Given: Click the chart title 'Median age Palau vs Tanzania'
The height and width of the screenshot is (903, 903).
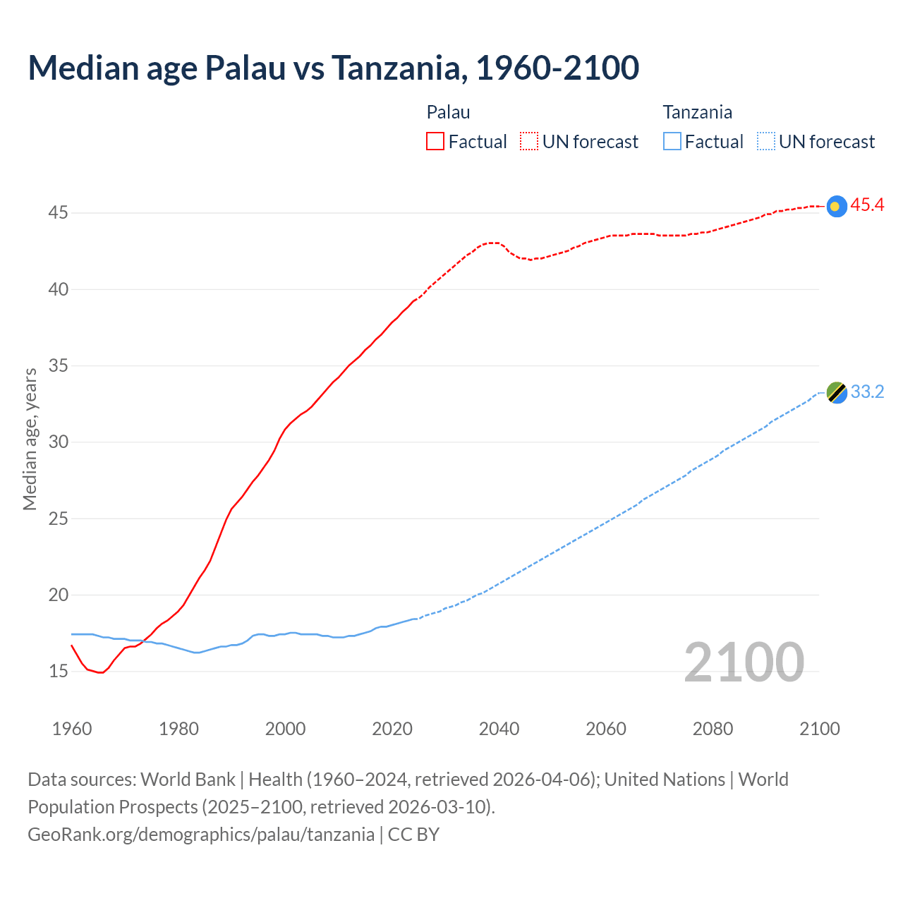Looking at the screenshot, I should coord(333,68).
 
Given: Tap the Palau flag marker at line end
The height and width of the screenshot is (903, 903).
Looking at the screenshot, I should coord(836,206).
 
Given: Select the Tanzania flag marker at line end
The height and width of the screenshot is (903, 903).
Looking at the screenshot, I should coord(837,392).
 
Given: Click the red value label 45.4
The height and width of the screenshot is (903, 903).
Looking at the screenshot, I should coord(867,205).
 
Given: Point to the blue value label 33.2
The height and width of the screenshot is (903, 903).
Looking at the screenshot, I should coord(867,392).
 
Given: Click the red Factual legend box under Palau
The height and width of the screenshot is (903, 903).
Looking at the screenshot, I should coord(435,142).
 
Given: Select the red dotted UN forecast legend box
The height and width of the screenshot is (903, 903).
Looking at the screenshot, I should coord(529,142).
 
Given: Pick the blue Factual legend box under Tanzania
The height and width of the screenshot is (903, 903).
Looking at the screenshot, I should coord(672,142).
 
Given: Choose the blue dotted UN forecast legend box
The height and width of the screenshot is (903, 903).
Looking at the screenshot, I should coord(765,142).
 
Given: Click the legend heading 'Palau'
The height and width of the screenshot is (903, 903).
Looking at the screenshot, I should coord(448,112).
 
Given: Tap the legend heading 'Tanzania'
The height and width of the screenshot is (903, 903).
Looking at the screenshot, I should coord(697,112).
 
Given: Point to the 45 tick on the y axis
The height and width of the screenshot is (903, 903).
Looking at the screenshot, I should coord(58,212).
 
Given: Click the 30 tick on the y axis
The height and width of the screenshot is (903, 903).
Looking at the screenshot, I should coord(58,442).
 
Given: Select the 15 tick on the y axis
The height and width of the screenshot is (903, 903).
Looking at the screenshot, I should coord(58,671).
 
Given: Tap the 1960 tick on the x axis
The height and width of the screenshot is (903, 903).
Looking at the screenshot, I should coord(72,729).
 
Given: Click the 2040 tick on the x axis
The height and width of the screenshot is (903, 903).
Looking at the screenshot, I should coord(499,729).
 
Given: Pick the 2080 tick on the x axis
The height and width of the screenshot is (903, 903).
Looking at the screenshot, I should coord(713,729).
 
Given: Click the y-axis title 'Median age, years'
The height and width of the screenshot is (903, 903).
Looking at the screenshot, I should coord(30,439).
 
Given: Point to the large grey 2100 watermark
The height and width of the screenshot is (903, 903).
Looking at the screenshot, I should coord(744,662).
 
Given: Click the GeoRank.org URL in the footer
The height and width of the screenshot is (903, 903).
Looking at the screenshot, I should coord(201,835).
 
